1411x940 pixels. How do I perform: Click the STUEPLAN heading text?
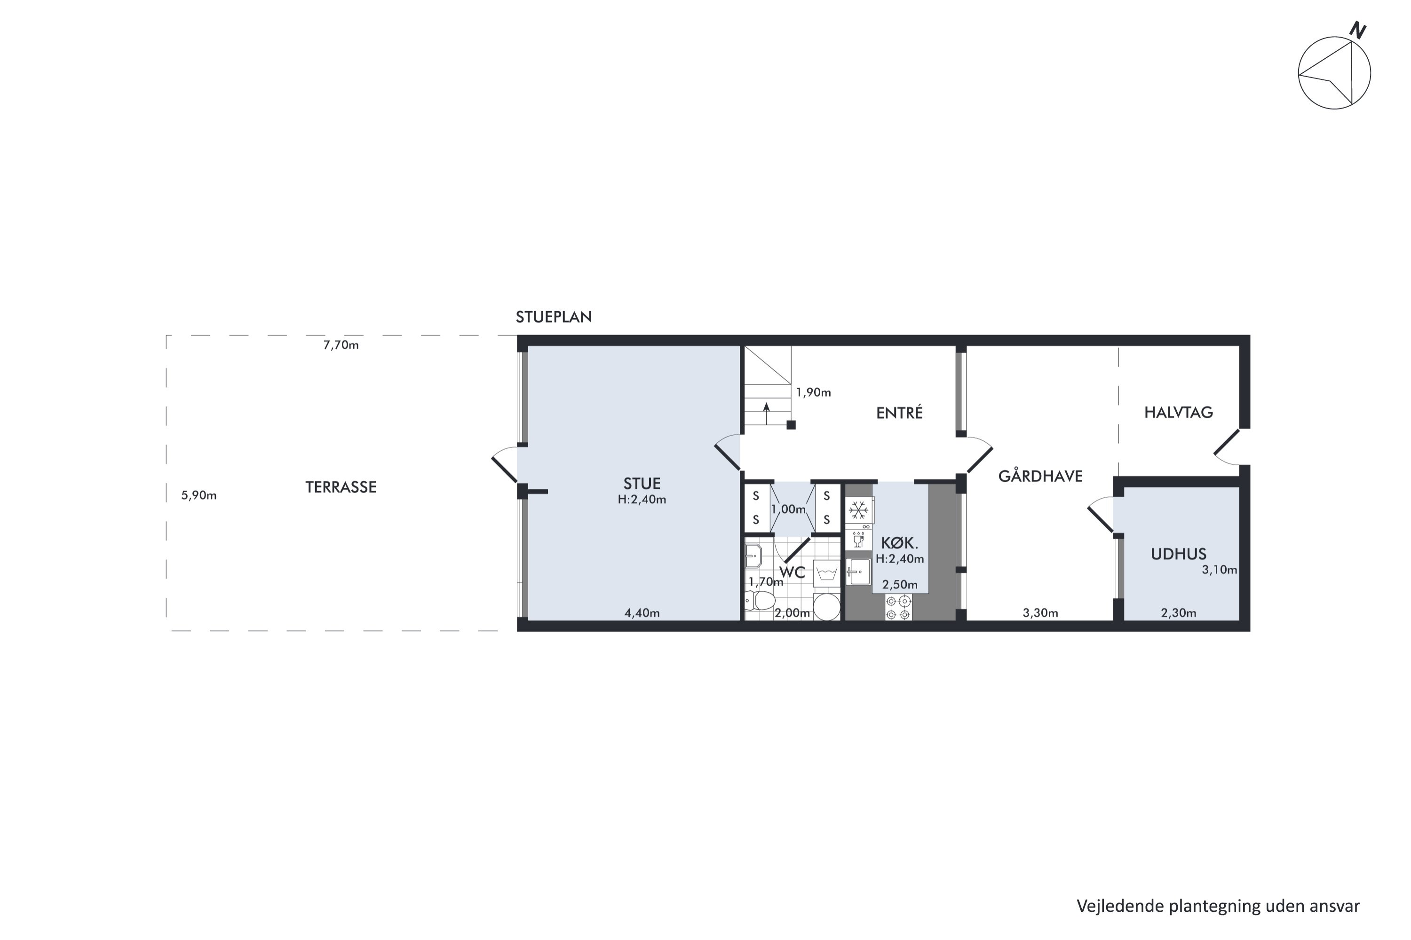(x=554, y=317)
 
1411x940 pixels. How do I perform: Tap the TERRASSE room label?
(x=341, y=487)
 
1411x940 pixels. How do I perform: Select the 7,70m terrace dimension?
(x=341, y=345)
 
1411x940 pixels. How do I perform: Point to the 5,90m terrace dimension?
(x=198, y=496)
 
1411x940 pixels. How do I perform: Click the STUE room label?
(x=642, y=484)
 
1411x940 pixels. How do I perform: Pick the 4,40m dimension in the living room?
(x=642, y=613)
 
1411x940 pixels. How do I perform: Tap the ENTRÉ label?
(x=899, y=413)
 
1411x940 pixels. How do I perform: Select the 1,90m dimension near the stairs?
(x=814, y=392)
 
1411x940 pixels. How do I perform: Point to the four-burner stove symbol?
(x=898, y=608)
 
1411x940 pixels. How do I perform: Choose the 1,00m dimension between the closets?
(x=788, y=509)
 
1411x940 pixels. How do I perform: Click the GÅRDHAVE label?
(x=1040, y=476)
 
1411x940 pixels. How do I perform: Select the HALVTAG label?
(x=1178, y=413)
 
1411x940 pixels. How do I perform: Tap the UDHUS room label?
(x=1178, y=554)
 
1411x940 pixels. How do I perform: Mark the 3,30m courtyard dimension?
(x=1040, y=613)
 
